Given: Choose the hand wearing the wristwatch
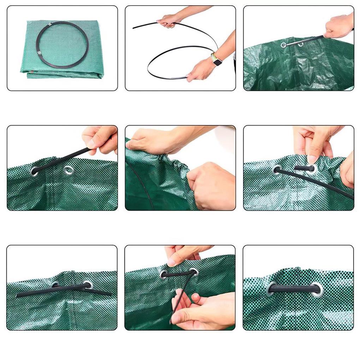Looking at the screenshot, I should [x=199, y=71].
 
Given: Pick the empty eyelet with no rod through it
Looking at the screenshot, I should [x=69, y=171].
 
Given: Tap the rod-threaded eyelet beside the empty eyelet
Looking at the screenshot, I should [x=35, y=172].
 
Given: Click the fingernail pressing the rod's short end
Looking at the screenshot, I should [x=312, y=160].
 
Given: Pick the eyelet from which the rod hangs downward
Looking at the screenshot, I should [x=193, y=272].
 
